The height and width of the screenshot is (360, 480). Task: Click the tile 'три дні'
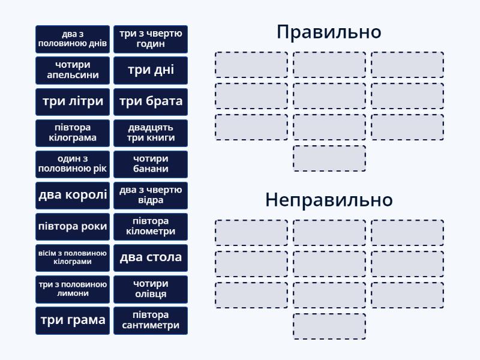tap(151, 70)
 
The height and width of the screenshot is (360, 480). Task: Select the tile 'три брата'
tap(151, 101)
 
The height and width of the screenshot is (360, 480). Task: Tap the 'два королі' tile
tap(73, 195)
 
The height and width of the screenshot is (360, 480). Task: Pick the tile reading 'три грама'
tap(73, 320)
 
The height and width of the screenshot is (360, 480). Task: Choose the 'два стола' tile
tap(151, 257)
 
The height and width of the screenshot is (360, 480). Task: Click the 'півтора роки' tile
tap(73, 226)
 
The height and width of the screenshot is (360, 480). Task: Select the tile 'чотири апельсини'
tap(73, 70)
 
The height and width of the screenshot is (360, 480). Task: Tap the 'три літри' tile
tap(73, 101)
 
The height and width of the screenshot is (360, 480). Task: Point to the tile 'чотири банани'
tap(151, 164)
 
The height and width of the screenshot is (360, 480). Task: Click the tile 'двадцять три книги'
tap(151, 133)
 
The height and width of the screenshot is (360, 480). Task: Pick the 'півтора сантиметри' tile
tap(151, 320)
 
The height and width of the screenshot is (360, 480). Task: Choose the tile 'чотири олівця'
tap(151, 289)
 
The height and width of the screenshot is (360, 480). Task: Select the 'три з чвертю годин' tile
tap(151, 39)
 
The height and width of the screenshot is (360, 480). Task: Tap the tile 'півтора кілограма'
tap(73, 133)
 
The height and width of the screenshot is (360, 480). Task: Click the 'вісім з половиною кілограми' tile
tap(73, 257)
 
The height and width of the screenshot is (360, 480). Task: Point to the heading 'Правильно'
tap(329, 32)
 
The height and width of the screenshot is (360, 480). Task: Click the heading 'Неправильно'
tap(329, 200)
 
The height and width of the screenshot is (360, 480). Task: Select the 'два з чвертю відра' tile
tap(151, 195)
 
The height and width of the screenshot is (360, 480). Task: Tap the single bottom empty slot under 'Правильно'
tap(329, 158)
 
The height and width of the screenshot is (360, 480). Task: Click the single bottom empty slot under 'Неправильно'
tap(329, 326)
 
